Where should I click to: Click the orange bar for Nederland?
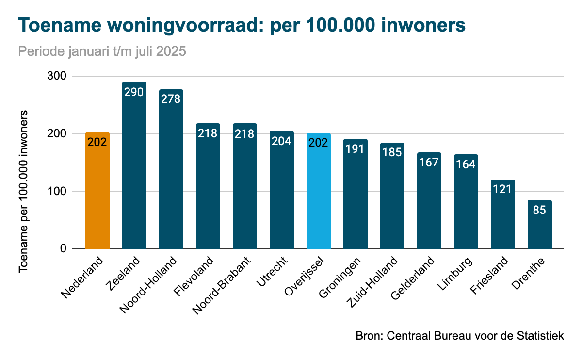pyautogui.click(x=97, y=194)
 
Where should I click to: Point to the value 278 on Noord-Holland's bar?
pyautogui.click(x=171, y=98)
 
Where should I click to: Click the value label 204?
pyautogui.click(x=282, y=141)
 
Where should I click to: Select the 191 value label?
pyautogui.click(x=356, y=148)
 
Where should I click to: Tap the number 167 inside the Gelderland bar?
pyautogui.click(x=429, y=162)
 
